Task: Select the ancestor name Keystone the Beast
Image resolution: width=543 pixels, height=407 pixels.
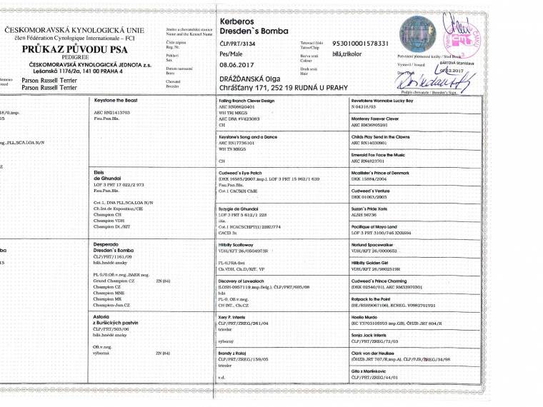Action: [116, 101]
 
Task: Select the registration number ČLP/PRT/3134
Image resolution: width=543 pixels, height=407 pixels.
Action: [239, 44]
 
